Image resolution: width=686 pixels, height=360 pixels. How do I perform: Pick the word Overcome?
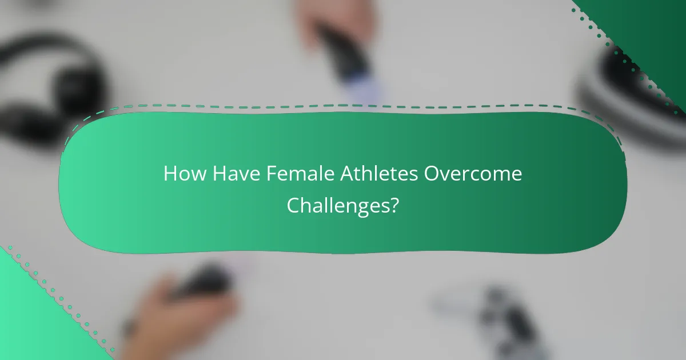[x=473, y=174]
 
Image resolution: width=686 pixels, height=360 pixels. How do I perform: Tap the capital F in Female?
[x=271, y=174]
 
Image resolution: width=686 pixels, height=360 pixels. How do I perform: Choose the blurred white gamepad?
[x=497, y=320]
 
